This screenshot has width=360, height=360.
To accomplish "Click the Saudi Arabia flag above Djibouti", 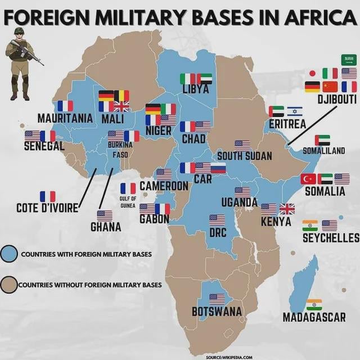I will pyautogui.click(x=349, y=60).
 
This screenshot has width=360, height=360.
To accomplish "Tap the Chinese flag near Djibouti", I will pyautogui.click(x=330, y=87).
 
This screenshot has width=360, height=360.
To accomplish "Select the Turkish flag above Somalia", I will pyautogui.click(x=308, y=179).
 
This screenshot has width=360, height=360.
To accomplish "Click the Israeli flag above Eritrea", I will pyautogui.click(x=295, y=111).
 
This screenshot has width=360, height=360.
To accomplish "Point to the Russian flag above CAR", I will pyautogui.click(x=218, y=168).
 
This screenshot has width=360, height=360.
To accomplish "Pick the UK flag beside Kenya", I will pyautogui.click(x=287, y=209).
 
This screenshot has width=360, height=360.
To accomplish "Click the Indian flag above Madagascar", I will pyautogui.click(x=314, y=305).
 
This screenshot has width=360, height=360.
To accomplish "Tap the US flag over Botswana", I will pyautogui.click(x=217, y=299).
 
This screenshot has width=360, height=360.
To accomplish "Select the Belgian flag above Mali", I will pyautogui.click(x=121, y=96).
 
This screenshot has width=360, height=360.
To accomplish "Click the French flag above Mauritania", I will pyautogui.click(x=65, y=106).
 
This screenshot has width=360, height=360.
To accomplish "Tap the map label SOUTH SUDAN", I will pyautogui.click(x=244, y=156).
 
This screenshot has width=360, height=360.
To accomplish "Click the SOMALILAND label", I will pyautogui.click(x=324, y=151).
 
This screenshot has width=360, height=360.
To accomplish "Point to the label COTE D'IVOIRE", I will pyautogui.click(x=47, y=208).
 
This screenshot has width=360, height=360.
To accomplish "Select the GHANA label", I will pyautogui.click(x=106, y=227).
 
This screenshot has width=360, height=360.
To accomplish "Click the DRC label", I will pyautogui.click(x=218, y=232).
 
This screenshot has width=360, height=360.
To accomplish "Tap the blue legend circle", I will pyautogui.click(x=8, y=254).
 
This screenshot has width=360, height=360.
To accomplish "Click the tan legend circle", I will pyautogui.click(x=8, y=284).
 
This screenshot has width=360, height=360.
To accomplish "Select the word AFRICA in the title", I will pyautogui.click(x=311, y=17).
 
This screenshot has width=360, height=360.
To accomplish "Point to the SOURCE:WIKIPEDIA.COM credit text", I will pyautogui.click(x=229, y=357).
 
